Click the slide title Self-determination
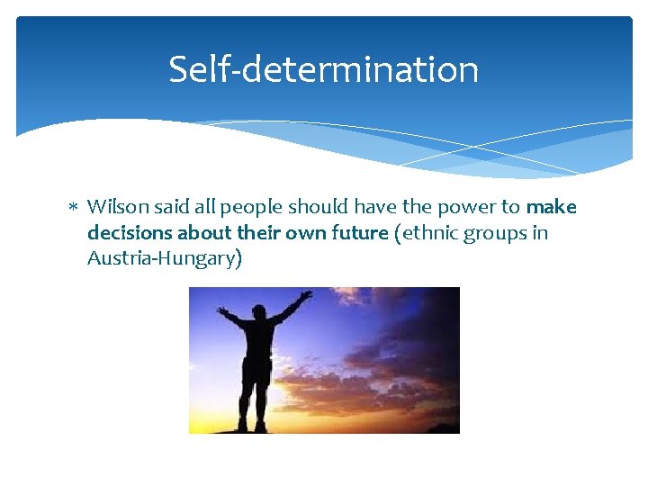click(x=323, y=69)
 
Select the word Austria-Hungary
click(x=161, y=259)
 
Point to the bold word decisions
click(x=130, y=233)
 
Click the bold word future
click(x=359, y=233)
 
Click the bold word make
click(x=552, y=207)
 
